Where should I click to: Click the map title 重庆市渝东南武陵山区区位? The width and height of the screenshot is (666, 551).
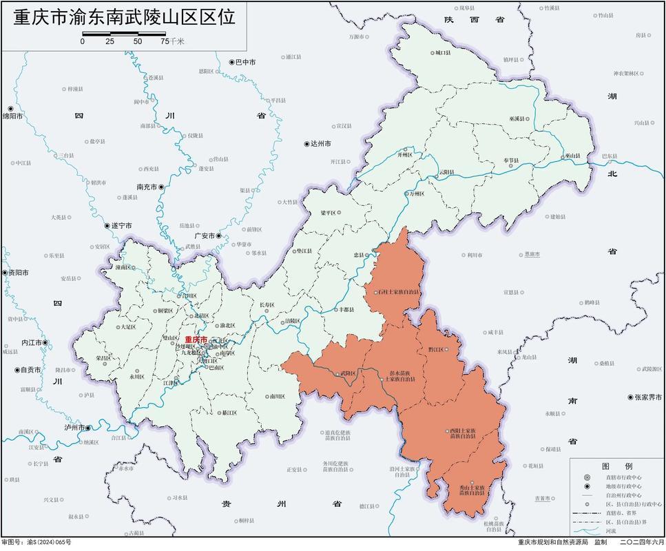[124, 17]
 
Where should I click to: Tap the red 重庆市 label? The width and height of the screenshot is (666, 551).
[196, 340]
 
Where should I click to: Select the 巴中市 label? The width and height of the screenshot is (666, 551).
[245, 62]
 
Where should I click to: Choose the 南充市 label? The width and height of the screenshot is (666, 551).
[148, 187]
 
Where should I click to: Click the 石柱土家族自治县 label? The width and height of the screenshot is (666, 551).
[399, 292]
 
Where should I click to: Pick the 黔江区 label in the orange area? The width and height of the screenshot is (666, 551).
[436, 349]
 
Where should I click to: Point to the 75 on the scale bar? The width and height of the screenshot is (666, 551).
[165, 41]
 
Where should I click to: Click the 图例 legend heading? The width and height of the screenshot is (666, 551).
[612, 466]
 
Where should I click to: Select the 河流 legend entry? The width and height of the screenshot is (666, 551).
[611, 531]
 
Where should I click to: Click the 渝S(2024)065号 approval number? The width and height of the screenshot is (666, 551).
[49, 543]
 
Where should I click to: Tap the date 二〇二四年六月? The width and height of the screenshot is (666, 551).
[642, 543]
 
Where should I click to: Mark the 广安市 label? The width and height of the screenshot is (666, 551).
[205, 236]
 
